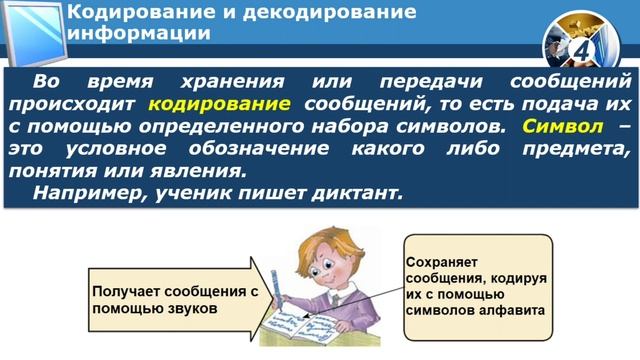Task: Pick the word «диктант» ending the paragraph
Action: tap(358, 193)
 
